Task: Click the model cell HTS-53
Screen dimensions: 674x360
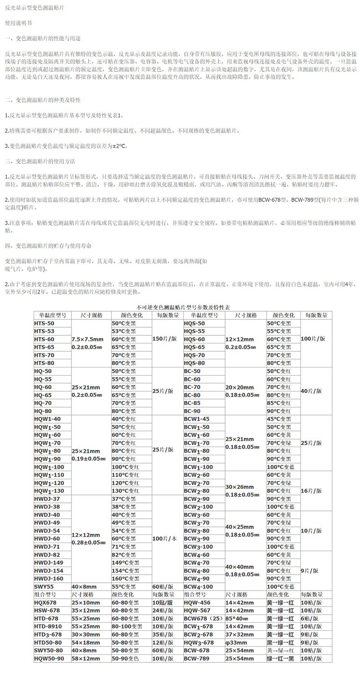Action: coord(44,331)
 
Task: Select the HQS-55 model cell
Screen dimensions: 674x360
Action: coord(194,331)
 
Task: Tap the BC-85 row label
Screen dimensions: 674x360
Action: coord(192,403)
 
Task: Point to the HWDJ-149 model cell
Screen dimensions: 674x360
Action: coord(49,563)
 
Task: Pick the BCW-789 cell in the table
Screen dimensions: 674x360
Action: coord(198,658)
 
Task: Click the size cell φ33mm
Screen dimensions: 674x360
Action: coord(239,642)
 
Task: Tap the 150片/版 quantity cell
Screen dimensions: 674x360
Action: coord(165,339)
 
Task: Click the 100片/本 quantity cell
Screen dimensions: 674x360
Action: coord(166,539)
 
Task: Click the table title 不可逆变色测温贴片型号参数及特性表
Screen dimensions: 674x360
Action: coord(180,307)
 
